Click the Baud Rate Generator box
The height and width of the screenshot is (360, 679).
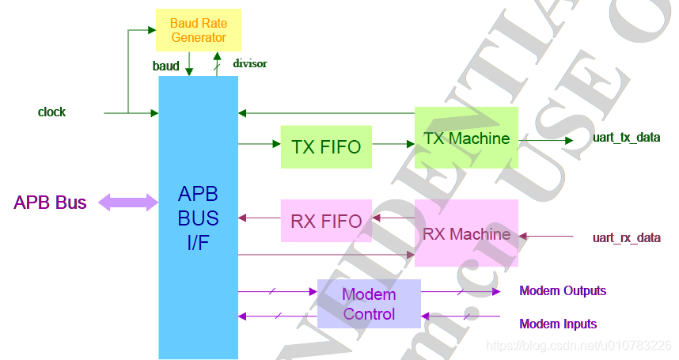click(x=198, y=30)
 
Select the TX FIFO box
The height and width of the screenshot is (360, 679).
click(x=326, y=146)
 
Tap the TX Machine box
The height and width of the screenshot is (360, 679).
click(x=466, y=138)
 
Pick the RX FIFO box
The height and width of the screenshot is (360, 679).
click(x=326, y=221)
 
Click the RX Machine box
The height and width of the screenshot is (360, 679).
click(x=466, y=233)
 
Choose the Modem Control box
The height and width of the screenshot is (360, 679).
click(x=369, y=304)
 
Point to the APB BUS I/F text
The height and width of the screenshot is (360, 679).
click(x=198, y=218)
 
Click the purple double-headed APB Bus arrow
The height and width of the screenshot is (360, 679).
click(x=128, y=203)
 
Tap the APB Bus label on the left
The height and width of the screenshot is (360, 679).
click(x=50, y=203)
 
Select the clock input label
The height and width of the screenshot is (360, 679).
click(x=51, y=112)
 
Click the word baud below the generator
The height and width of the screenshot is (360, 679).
click(x=166, y=66)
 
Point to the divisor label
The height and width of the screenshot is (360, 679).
click(x=249, y=63)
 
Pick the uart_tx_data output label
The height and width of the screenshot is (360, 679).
click(x=626, y=138)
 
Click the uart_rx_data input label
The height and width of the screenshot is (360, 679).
click(x=626, y=237)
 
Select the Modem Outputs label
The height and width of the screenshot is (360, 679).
click(x=563, y=291)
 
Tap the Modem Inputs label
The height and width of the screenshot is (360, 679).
click(x=558, y=324)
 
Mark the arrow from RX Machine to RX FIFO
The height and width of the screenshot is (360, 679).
click(x=393, y=217)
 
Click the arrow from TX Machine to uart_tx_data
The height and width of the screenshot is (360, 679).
click(x=545, y=141)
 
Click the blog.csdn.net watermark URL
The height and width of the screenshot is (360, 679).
click(x=578, y=346)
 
